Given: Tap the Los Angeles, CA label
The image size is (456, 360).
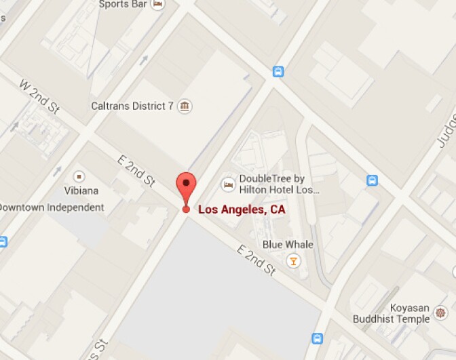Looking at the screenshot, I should [x=241, y=209].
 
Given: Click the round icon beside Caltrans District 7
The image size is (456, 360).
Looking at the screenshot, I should [x=184, y=106].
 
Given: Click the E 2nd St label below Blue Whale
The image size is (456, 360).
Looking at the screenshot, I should [x=256, y=260].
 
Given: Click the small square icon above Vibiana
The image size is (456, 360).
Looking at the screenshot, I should [x=79, y=176].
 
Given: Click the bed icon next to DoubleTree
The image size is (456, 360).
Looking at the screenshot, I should [x=229, y=184].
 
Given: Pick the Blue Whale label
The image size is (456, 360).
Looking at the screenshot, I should [x=288, y=244].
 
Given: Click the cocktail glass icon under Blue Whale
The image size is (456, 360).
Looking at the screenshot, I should [x=293, y=260].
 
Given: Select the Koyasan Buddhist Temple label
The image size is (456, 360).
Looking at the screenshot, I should [x=391, y=313].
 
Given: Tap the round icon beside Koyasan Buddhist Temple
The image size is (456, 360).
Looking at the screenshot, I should [x=441, y=313].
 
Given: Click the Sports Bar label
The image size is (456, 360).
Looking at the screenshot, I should [x=123, y=4].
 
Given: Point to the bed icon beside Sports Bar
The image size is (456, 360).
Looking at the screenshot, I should [x=158, y=4].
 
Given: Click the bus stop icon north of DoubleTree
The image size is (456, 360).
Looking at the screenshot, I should [x=278, y=71].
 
